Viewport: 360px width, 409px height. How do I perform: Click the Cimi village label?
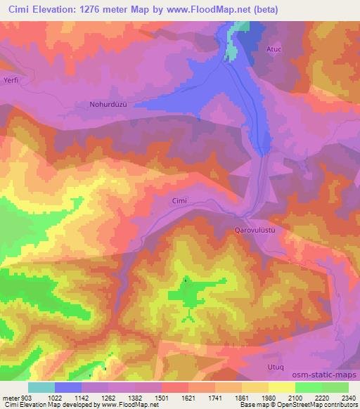click(179, 201)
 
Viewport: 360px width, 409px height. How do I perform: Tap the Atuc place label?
click(274, 50)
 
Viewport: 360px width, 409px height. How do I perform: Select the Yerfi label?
click(10, 80)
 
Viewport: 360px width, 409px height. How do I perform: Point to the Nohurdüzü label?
click(108, 105)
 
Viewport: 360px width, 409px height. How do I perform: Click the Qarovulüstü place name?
click(253, 230)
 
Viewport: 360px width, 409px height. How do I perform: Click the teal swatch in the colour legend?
click(41, 387)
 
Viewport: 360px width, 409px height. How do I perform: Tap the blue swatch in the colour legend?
click(68, 387)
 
